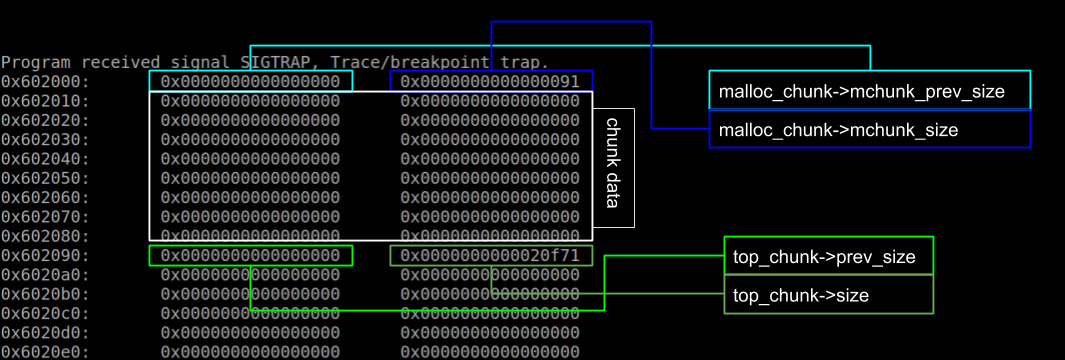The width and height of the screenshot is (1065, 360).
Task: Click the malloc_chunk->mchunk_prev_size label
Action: point(861,92)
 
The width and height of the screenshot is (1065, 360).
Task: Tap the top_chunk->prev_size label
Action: point(824,257)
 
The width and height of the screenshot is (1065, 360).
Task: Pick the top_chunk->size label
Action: point(801,295)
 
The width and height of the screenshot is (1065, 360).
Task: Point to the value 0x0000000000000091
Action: point(490,81)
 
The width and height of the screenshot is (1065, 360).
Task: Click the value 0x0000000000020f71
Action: point(490,256)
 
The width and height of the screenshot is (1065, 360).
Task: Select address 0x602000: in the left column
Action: point(45,81)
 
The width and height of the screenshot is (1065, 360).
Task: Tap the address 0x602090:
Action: point(45,256)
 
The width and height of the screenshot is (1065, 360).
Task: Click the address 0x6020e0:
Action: point(45,352)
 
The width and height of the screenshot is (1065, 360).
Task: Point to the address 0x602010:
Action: point(45,101)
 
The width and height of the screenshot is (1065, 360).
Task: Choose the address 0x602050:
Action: point(45,178)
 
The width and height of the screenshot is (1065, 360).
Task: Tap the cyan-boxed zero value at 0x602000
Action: point(250,81)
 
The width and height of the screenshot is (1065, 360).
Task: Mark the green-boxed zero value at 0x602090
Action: point(250,256)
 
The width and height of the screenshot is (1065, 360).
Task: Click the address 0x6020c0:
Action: point(45,314)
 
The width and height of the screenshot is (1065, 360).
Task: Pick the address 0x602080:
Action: point(45,236)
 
